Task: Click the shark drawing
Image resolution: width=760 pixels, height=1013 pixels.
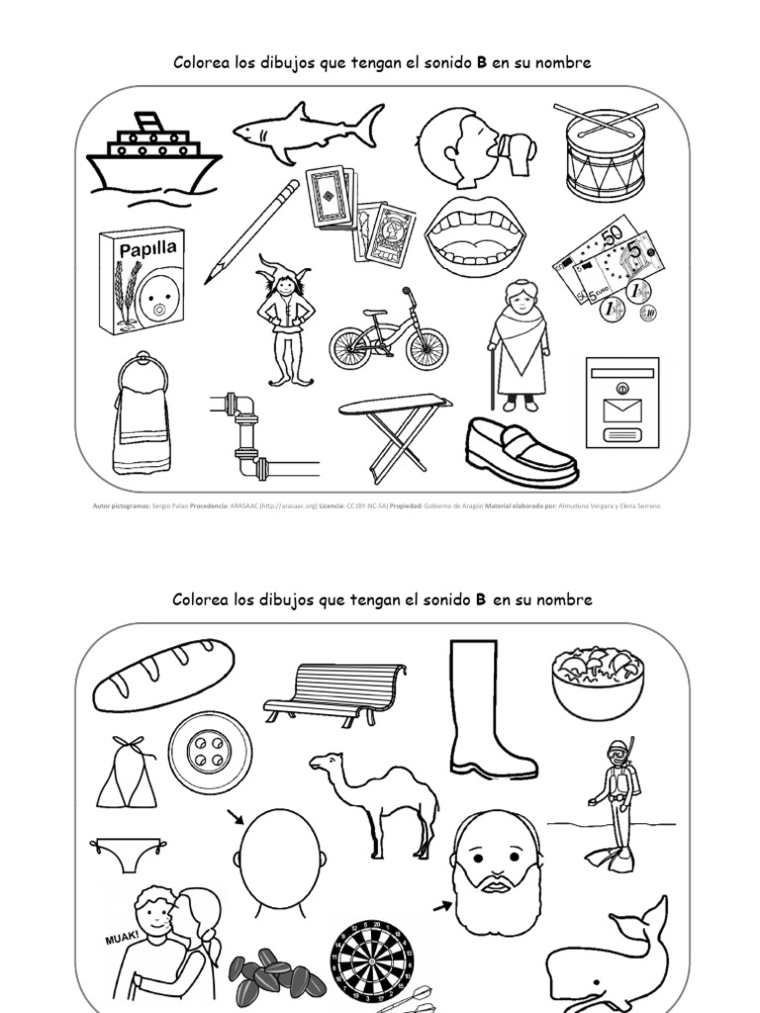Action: [307, 132]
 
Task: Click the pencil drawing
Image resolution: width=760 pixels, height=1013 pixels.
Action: [251, 231]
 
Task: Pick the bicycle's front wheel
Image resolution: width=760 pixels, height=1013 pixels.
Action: [427, 347]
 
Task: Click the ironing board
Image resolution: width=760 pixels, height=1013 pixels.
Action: [395, 431]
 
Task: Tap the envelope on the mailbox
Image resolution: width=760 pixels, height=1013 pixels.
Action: [621, 409]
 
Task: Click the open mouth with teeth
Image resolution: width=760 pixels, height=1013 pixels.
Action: [475, 235]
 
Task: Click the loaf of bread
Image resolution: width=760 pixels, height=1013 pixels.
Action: [163, 674]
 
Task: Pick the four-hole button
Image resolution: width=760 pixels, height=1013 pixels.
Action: [210, 754]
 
